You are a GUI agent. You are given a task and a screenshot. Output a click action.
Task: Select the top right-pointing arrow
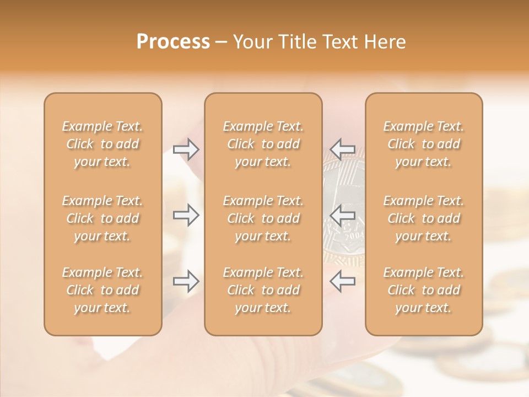pos(186,149)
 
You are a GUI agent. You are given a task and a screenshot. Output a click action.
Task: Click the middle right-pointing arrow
pos(186,215)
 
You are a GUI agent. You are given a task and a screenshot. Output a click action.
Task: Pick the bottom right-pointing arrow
pos(186,281)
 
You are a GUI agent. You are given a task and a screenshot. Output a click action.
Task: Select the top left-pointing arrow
pos(342,149)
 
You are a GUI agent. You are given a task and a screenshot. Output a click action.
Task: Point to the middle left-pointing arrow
pos(342,215)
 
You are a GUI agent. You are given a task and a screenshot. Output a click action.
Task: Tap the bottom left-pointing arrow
pos(342,281)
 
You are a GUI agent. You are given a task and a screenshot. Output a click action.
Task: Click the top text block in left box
pos(102,144)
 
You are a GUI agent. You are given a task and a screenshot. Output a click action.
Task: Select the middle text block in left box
pos(102,218)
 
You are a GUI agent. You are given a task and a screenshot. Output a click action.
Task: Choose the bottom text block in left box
pos(102,290)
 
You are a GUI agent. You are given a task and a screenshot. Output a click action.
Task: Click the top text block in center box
pos(263,144)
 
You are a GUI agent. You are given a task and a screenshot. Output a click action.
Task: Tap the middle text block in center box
pos(263,218)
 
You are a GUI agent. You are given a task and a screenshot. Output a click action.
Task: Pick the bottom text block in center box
pos(263,290)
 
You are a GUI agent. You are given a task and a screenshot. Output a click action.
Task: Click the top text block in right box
pos(424,144)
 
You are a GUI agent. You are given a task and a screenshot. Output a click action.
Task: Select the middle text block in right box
pos(424,218)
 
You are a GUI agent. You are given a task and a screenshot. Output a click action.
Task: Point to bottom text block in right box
pos(424,290)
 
